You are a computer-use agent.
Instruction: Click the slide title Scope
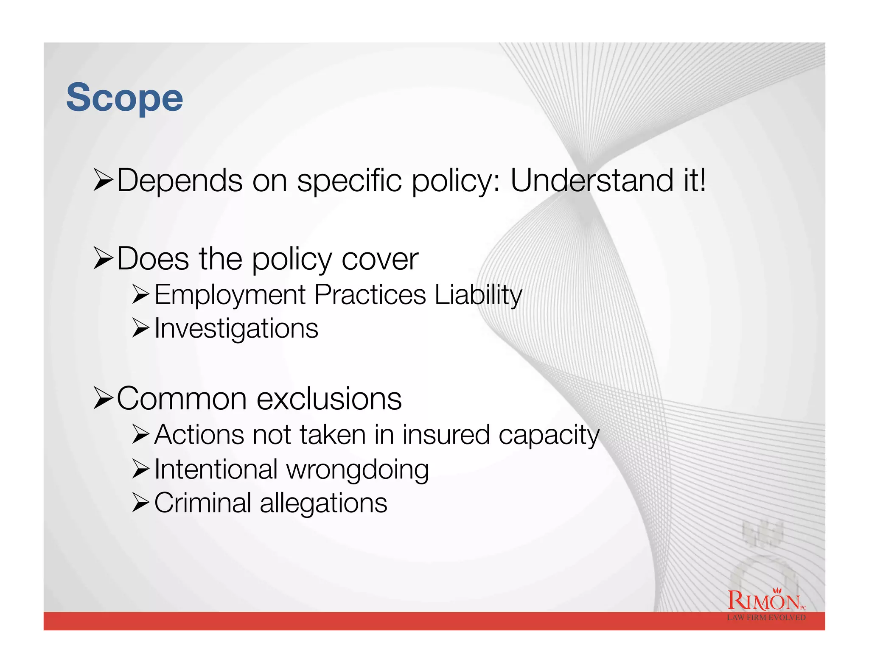point(124,98)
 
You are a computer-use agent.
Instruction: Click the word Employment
point(230,295)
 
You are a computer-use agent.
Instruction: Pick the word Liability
point(478,295)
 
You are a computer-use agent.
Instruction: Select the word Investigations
point(236,329)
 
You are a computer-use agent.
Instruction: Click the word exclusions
point(329,399)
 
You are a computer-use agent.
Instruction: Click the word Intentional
point(216,470)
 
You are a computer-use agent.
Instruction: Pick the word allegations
point(323,504)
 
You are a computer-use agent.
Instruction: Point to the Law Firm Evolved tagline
point(766,618)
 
